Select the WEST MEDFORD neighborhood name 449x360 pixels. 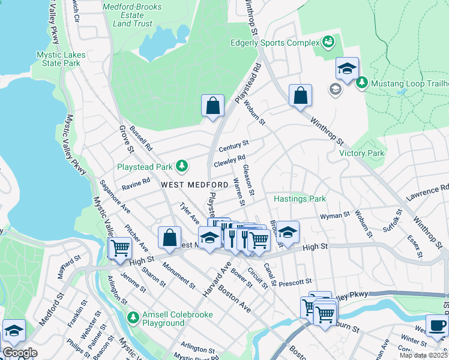194,184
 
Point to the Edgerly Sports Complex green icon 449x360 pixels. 328,43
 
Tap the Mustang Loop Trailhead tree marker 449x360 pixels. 362,82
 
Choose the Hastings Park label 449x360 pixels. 300,199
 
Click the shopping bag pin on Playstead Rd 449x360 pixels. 212,106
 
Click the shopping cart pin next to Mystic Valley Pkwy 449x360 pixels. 120,247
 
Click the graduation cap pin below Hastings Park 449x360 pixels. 288,232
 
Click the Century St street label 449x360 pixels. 234,146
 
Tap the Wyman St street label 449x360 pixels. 335,215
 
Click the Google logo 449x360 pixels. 20,353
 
